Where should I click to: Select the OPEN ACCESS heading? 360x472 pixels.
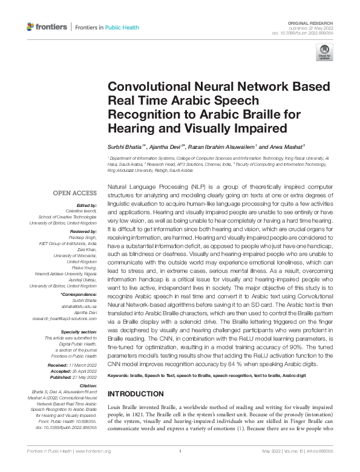(74, 193)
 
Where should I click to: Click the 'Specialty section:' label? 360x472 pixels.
(76, 332)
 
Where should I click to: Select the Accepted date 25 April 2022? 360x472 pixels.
(82, 372)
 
